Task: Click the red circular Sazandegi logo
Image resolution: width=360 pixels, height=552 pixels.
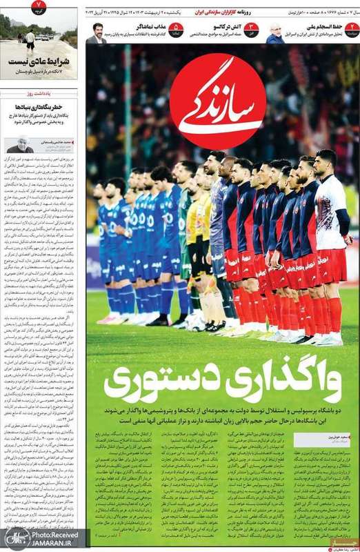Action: click(217, 101)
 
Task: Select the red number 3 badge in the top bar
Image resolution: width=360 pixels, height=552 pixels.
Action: click(253, 30)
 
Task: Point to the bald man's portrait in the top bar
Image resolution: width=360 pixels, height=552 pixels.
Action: click(275, 32)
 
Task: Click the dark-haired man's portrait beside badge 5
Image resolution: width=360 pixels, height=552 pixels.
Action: click(97, 32)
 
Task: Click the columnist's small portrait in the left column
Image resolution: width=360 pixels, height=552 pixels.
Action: click(19, 145)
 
